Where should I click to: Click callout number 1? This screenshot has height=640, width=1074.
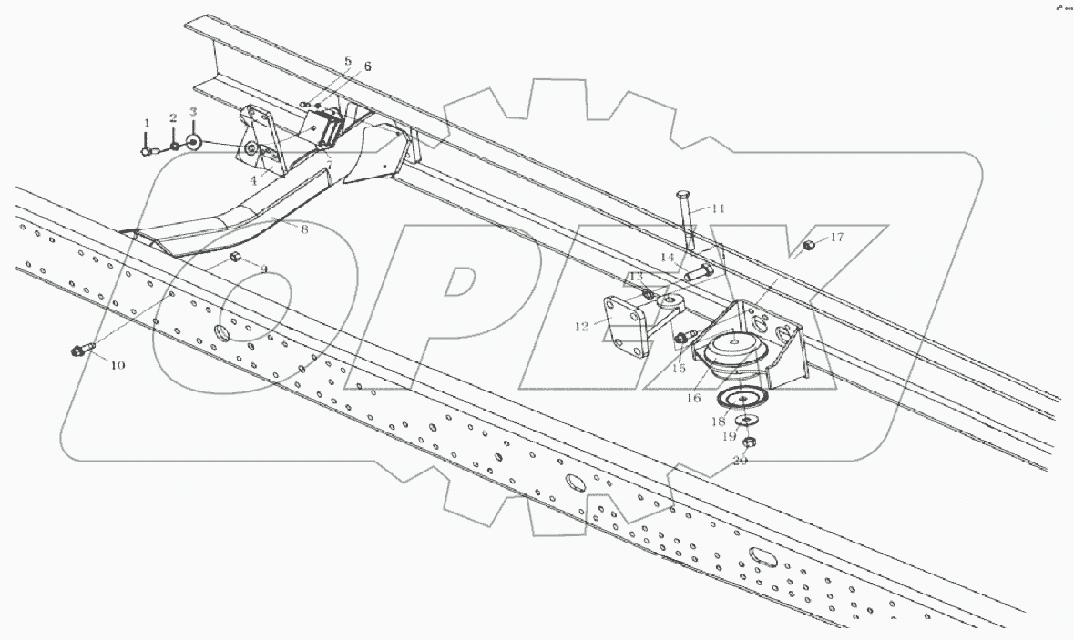point(144,123)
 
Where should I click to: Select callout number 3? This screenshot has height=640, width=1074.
point(193,111)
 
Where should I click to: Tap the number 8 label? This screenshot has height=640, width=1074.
point(304,230)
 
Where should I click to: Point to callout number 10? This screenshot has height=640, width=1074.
point(118,366)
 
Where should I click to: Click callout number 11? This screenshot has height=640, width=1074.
point(718,208)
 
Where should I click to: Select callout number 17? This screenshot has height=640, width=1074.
point(836,239)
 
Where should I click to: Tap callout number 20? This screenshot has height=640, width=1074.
point(740,462)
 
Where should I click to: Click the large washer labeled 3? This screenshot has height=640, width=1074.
point(193,142)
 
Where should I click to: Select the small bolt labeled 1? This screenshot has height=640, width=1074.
point(147,150)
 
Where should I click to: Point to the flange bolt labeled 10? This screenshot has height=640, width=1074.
point(80,350)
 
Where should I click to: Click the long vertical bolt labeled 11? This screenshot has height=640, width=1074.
point(686,218)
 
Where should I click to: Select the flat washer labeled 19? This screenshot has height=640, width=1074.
point(746,419)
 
